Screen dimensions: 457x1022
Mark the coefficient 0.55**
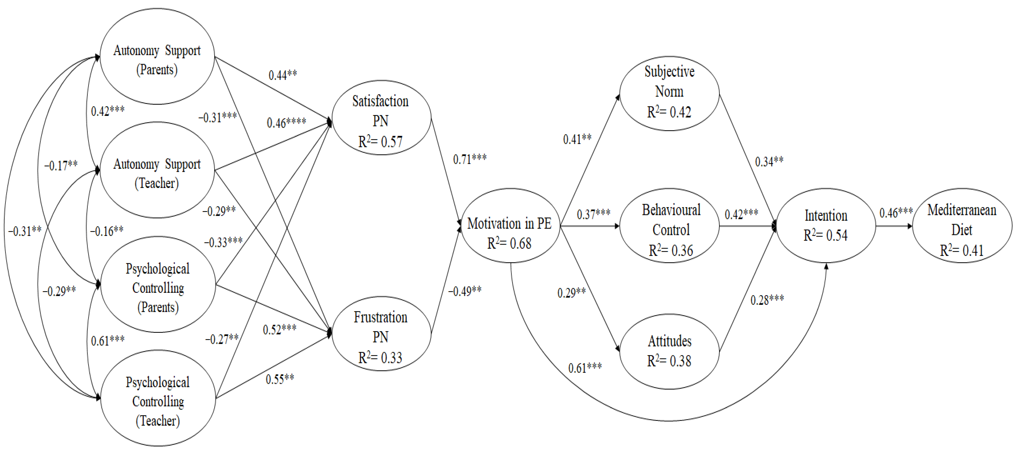click(x=280, y=379)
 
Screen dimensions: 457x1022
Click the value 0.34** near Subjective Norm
click(x=769, y=162)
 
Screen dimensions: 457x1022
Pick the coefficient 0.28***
click(x=767, y=300)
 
